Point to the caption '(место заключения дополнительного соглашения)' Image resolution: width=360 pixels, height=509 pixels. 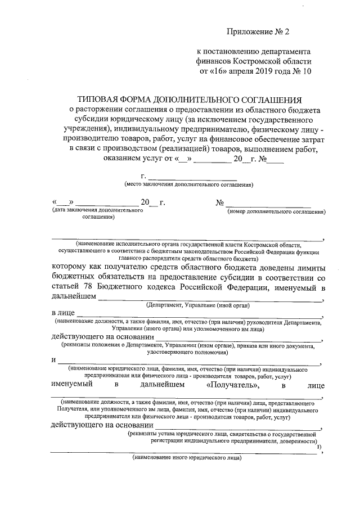tap(188, 184)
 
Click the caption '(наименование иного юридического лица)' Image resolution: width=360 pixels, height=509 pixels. tap(186, 458)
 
